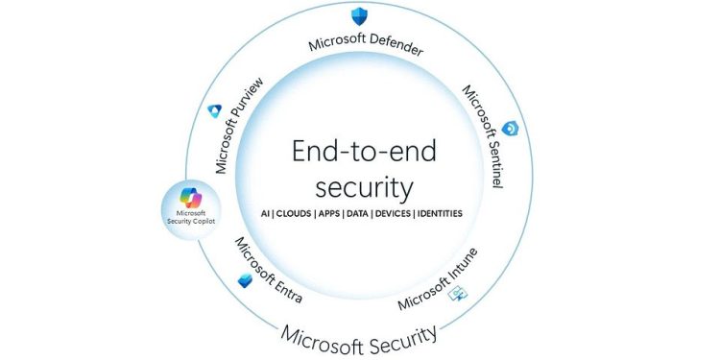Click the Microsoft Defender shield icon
click(x=359, y=15)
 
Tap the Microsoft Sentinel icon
click(x=511, y=128)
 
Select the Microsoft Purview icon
click(x=215, y=110)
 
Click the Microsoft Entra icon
click(x=246, y=280)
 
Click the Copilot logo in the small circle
click(x=192, y=198)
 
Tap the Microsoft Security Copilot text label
click(x=192, y=219)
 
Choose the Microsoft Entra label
click(x=268, y=270)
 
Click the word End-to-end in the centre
click(x=360, y=152)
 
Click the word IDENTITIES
click(x=438, y=213)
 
